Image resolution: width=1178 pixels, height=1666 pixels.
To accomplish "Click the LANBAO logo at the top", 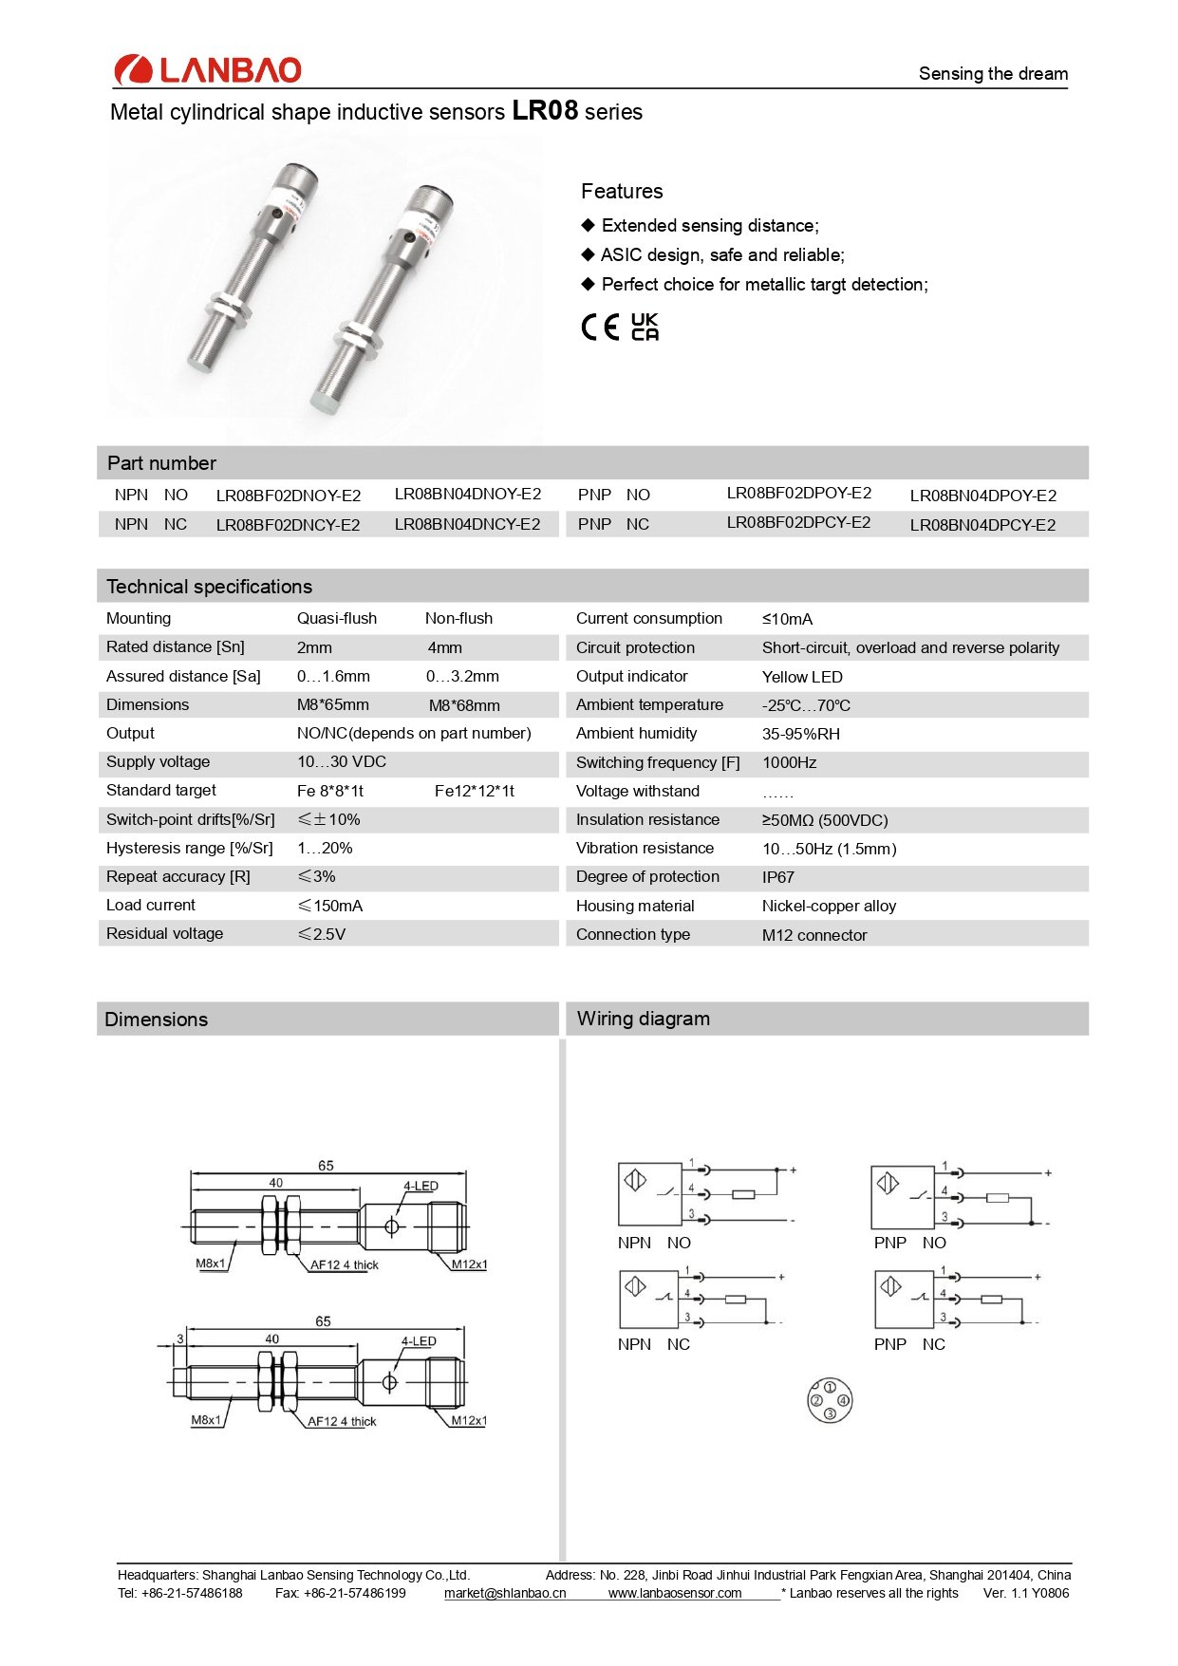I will [207, 69].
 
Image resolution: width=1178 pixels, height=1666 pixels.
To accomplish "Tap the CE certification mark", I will [600, 328].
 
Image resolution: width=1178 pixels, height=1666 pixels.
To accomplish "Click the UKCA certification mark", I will [645, 327].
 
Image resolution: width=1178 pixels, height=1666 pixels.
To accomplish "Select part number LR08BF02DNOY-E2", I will [289, 496].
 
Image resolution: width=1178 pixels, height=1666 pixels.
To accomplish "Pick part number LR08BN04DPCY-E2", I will [982, 525].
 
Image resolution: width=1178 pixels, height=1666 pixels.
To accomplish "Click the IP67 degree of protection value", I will [777, 877].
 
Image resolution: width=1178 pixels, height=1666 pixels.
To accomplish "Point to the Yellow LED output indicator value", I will [802, 677].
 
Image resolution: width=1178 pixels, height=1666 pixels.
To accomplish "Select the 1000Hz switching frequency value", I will [789, 763].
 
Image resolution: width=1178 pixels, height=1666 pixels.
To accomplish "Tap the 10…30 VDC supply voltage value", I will [341, 762].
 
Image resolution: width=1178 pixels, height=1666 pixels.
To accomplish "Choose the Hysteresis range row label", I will [189, 849].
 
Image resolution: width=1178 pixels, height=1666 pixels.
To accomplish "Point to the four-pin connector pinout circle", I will [830, 1400].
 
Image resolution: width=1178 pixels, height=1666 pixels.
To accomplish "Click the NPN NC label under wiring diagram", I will [653, 1344].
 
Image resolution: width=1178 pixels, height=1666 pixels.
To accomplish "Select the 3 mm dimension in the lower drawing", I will [180, 1339].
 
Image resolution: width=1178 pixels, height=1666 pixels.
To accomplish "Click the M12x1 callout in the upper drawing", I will [469, 1264].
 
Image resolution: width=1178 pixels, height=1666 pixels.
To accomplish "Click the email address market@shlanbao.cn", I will [505, 1593].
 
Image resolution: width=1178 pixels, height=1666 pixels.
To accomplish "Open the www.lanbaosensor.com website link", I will [675, 1593].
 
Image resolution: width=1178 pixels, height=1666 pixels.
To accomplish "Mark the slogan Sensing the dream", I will [993, 74].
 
